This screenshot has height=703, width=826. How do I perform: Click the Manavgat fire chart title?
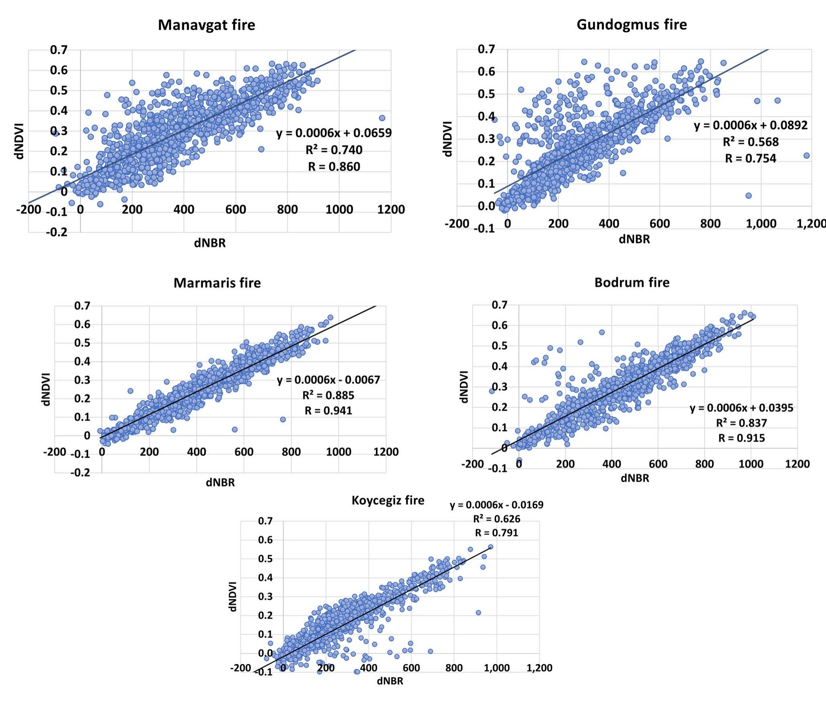tap(206, 25)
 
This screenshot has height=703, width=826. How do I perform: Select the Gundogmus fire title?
tap(632, 24)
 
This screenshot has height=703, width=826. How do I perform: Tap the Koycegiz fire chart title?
tap(388, 500)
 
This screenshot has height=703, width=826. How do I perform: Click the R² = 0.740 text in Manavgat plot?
tap(334, 150)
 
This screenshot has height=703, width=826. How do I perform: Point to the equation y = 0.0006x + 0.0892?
tap(751, 126)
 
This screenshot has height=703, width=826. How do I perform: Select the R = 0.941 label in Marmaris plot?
tap(328, 411)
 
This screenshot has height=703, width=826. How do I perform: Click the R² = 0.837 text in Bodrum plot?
tap(741, 423)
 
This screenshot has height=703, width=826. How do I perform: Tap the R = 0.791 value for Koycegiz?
tap(496, 533)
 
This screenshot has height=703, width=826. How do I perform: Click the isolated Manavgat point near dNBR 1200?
tap(382, 118)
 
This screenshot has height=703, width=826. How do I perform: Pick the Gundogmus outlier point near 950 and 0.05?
tap(748, 196)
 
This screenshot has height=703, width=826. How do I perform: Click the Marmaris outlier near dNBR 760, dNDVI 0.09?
tap(283, 419)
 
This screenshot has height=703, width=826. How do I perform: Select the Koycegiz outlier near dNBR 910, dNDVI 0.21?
tap(478, 613)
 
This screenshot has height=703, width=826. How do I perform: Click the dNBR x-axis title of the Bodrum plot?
tap(635, 478)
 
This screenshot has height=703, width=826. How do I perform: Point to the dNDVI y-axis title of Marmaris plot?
tap(47, 389)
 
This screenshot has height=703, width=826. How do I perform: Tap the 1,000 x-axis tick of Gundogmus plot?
tap(761, 224)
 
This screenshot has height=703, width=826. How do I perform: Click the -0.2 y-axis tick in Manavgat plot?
tap(57, 232)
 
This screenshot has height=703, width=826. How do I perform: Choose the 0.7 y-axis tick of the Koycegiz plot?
tap(265, 521)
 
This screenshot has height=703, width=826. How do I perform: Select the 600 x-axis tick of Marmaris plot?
tap(244, 452)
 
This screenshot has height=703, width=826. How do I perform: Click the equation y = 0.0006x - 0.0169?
tap(496, 505)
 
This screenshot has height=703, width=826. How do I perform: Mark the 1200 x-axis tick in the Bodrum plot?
tap(797, 464)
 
